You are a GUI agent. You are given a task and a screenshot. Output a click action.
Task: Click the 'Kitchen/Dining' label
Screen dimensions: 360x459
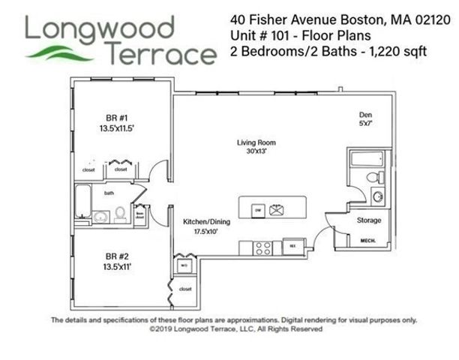pos(207,223)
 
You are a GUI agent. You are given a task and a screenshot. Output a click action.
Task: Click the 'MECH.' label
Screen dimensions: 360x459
pos(368,240)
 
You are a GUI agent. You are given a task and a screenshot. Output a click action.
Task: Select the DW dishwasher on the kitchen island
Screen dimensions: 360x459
pos(256,208)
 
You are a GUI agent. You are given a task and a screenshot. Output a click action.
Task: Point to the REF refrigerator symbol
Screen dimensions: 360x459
pos(292,244)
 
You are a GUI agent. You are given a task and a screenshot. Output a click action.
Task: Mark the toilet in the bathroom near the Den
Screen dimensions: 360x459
pos(370,178)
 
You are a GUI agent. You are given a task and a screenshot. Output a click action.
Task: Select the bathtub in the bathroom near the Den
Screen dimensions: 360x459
pos(367,159)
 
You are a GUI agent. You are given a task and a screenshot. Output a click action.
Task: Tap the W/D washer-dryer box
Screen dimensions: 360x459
pos(184,265)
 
